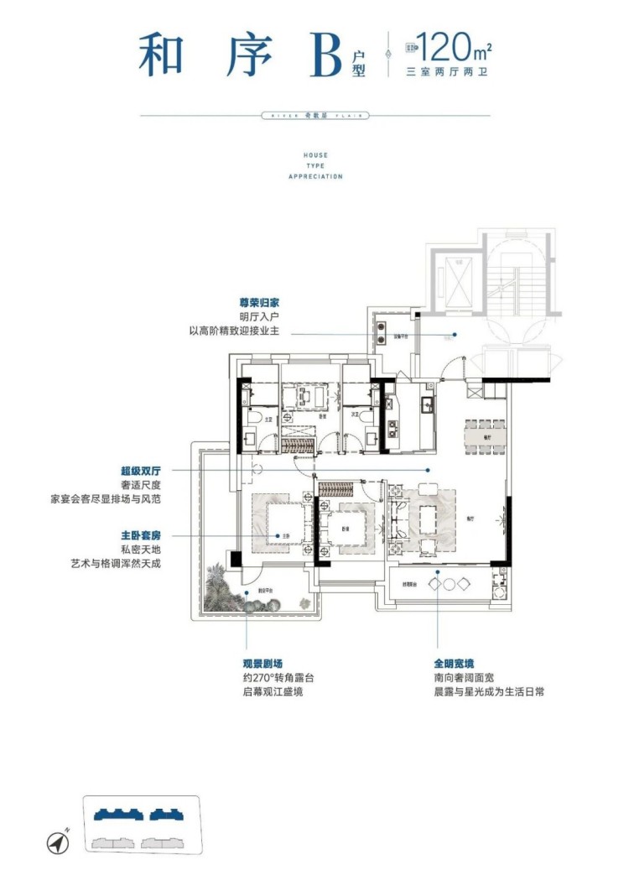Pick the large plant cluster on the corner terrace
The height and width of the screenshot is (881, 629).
click(x=224, y=588)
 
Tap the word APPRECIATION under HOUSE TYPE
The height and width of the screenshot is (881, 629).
click(x=315, y=177)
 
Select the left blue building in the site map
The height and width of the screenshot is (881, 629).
click(x=115, y=813)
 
